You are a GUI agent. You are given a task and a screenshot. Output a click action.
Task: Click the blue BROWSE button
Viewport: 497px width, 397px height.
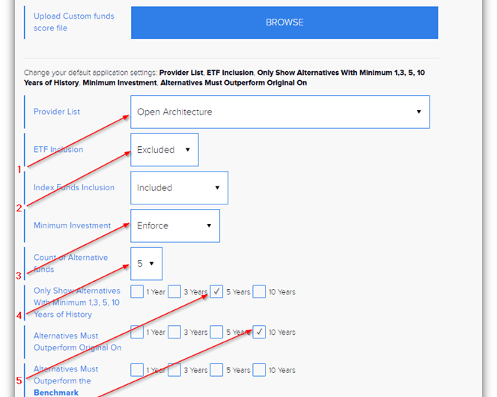284,22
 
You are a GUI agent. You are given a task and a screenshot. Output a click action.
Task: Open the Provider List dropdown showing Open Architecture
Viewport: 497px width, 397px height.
280,112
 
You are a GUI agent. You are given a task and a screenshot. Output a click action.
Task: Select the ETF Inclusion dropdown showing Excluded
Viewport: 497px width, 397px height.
165,150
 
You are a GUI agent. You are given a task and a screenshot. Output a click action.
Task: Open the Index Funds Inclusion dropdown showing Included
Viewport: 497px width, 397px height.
179,188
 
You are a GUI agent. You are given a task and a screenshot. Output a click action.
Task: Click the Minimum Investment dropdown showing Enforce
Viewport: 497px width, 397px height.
175,225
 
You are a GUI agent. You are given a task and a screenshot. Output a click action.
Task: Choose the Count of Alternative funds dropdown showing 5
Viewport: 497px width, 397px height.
147,264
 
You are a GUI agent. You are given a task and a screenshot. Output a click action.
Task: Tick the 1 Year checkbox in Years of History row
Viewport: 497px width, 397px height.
137,291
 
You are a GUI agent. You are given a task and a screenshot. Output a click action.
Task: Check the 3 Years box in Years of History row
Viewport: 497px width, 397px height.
174,291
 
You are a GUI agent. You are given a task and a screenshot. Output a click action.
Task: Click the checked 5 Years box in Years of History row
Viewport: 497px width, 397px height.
216,291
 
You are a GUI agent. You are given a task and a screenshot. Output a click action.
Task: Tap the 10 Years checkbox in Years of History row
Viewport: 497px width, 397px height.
259,291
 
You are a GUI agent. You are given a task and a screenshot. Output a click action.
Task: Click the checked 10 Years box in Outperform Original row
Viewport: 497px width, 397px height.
259,332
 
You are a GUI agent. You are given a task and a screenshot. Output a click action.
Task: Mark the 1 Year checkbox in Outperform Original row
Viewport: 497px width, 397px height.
137,332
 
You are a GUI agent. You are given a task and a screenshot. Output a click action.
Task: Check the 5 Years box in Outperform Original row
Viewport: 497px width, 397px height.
216,332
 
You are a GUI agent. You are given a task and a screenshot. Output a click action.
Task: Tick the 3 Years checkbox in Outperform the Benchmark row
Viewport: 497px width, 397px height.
174,370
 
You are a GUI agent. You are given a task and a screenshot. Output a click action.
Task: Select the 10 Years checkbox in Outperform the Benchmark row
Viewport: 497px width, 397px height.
259,370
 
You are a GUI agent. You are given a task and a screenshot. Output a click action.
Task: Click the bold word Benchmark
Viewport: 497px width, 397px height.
56,393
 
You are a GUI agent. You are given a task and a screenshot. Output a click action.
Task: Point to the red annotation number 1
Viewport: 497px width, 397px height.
19,169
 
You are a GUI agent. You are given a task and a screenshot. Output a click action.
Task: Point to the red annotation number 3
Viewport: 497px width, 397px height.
19,276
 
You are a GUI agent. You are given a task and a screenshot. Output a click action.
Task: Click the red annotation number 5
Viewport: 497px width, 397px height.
19,381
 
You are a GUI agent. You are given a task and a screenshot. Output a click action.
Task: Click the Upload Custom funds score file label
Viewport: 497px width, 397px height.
74,22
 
